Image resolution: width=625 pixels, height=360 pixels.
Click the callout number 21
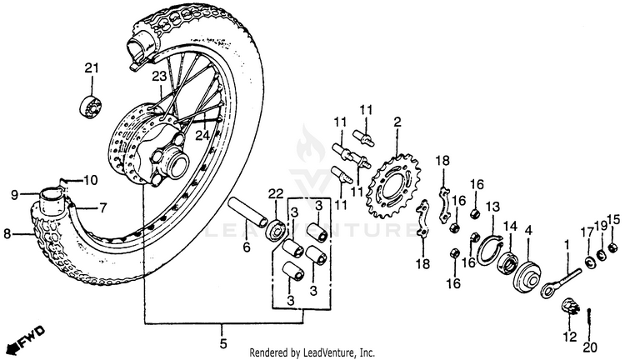(x=91, y=67)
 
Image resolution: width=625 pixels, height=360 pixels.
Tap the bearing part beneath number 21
(x=90, y=107)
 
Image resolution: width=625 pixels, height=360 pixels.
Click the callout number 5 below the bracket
(x=222, y=342)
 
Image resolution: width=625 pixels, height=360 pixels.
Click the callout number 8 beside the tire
(x=7, y=234)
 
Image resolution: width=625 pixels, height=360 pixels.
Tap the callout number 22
(x=275, y=194)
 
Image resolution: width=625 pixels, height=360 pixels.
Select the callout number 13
(x=492, y=207)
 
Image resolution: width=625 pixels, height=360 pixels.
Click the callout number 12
(x=570, y=337)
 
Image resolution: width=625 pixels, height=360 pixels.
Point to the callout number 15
(x=613, y=220)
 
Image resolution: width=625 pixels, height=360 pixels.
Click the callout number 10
(x=90, y=180)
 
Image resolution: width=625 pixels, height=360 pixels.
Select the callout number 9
(x=14, y=195)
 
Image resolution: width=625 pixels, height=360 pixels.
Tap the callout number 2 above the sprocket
(x=397, y=122)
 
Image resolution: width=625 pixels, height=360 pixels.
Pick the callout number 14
(x=509, y=225)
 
